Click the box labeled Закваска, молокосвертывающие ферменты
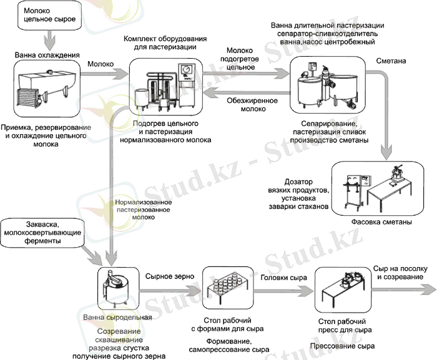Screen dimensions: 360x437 pos(41,231)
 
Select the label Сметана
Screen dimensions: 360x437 pos(391,62)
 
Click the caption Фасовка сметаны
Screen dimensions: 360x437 pos(383,223)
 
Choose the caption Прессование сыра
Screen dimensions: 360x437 pos(342,345)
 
